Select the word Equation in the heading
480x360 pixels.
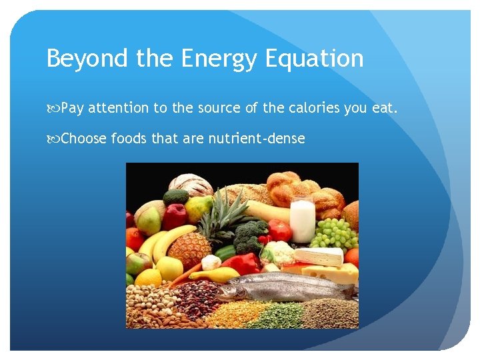click(314, 59)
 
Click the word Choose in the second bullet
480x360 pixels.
click(83, 139)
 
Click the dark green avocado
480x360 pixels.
click(176, 197)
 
